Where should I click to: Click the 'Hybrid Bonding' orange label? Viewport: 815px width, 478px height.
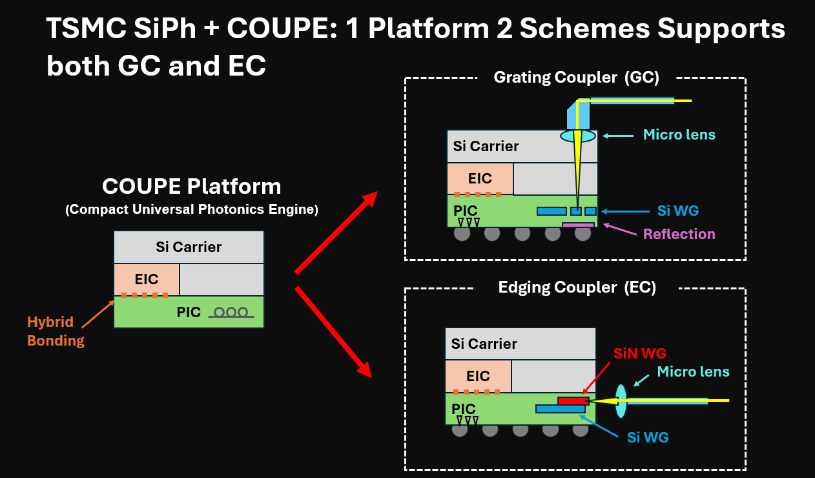[x=56, y=331]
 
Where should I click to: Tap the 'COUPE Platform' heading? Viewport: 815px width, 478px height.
[x=191, y=187]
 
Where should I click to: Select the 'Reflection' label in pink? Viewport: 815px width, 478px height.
[x=679, y=234]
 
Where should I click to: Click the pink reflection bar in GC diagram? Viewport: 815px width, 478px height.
[x=578, y=225]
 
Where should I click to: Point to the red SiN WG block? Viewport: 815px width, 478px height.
[x=573, y=401]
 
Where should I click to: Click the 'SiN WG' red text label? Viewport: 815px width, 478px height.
[x=640, y=353]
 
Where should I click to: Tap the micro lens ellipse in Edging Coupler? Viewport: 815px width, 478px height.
[x=621, y=401]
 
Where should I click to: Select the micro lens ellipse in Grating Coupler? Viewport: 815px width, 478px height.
[x=578, y=136]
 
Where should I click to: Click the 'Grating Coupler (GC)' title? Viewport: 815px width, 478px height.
[x=576, y=78]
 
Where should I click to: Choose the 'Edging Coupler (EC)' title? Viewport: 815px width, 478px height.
[x=577, y=287]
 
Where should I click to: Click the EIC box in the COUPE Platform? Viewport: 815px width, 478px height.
[x=147, y=279]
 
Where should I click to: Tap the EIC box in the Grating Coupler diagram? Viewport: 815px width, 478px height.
[x=480, y=178]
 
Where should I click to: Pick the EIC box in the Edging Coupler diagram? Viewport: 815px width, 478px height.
[x=478, y=376]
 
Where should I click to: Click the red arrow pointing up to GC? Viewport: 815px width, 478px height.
[x=336, y=233]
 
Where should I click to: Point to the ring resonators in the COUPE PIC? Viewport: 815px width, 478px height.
[x=231, y=313]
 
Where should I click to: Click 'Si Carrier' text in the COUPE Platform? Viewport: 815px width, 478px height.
[x=189, y=247]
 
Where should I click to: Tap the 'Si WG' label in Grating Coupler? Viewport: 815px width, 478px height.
[x=677, y=211]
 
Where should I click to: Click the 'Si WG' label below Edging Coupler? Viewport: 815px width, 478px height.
[x=648, y=437]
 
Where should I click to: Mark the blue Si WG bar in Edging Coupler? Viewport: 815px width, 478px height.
[x=560, y=409]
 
